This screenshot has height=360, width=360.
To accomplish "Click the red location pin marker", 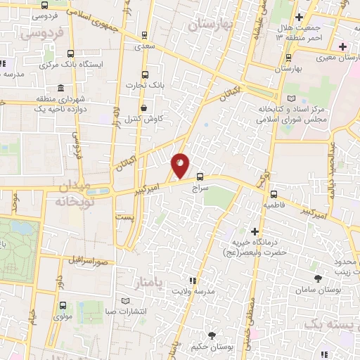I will click(x=180, y=165).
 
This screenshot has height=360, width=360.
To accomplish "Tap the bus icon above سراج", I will click(x=200, y=177).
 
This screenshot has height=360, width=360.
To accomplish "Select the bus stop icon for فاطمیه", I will click(x=274, y=194).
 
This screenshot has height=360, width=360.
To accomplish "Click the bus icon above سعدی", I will click(x=144, y=34).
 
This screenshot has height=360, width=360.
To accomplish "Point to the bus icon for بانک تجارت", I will click(x=146, y=75).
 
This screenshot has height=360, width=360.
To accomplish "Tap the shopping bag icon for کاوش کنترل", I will click(x=144, y=108).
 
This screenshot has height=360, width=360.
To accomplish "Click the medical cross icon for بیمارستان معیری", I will click(x=342, y=47).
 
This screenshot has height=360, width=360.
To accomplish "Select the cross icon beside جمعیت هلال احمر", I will click(x=300, y=17).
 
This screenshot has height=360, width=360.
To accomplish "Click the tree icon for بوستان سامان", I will click(x=319, y=278).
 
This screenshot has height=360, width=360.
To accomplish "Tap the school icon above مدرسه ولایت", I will click(x=193, y=280).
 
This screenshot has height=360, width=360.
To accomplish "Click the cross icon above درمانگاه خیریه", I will click(x=255, y=231).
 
